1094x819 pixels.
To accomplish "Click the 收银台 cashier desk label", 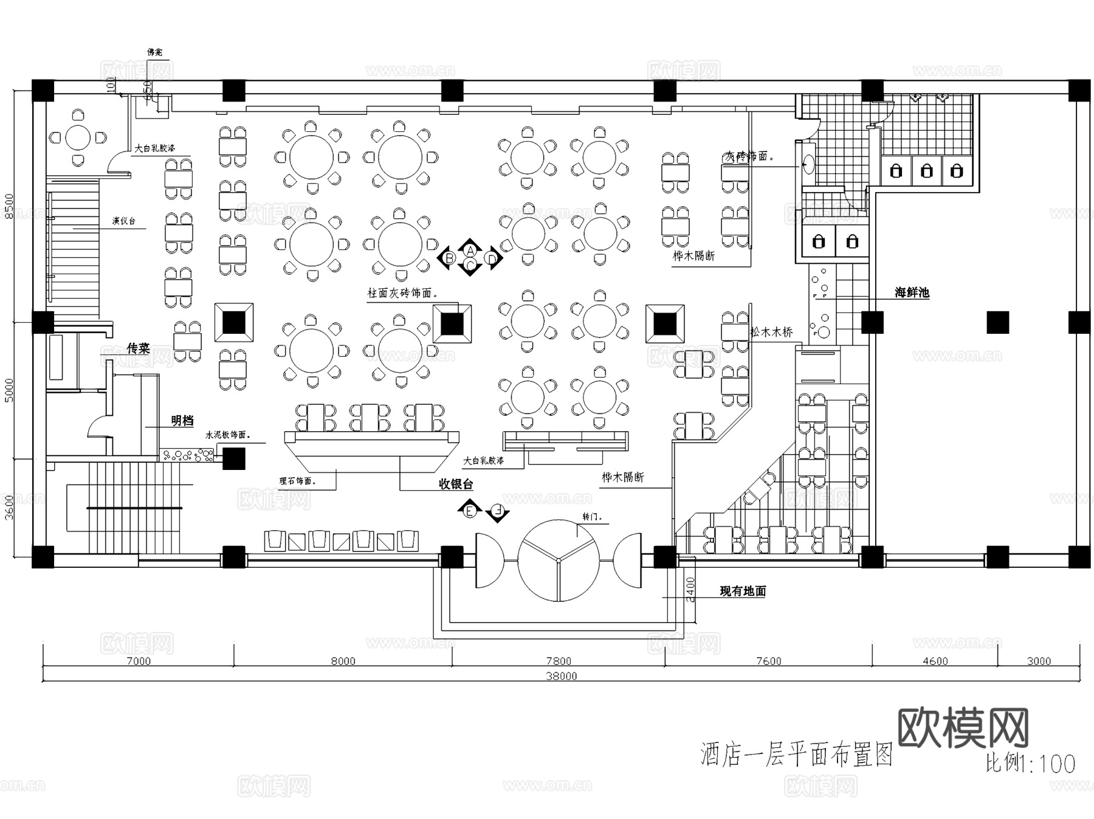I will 456,484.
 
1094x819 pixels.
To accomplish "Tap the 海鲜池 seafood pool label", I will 912,292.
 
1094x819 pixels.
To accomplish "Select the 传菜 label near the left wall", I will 138,348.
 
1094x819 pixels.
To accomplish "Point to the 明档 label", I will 182,420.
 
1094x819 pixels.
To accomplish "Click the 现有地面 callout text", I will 743,591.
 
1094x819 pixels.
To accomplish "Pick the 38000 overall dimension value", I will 561,676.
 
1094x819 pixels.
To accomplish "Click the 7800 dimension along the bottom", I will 559,662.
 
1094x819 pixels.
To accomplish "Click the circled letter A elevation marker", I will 470,249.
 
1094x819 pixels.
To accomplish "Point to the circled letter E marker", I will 470,512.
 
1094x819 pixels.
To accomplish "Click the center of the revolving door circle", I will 558,559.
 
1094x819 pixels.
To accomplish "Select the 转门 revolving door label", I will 592,517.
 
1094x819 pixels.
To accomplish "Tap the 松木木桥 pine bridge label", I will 771,332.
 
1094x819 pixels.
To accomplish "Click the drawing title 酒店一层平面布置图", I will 796,755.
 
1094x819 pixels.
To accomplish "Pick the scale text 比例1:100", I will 1030,764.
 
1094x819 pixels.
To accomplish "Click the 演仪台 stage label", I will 123,221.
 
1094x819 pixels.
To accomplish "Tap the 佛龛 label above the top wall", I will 155,53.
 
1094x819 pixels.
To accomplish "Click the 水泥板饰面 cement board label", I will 227,435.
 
